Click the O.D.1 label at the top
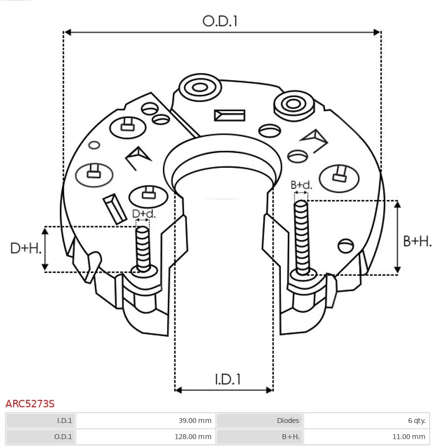pos(220,21)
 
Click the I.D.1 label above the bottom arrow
pos(227,379)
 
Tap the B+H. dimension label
pos(417,241)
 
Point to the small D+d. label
pos(144,213)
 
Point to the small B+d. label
pos(301,185)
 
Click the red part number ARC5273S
pos(30,404)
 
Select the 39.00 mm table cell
pos(195,421)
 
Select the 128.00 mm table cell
pos(193,436)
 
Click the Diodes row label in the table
pos(288,421)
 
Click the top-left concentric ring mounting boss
pos(199,88)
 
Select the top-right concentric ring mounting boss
pos(293,104)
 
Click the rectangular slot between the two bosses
pos(229,115)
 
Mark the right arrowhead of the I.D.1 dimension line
pos(270,390)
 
